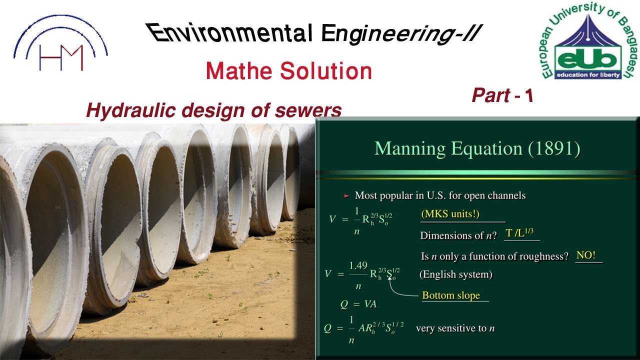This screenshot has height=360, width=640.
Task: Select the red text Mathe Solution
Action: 288,71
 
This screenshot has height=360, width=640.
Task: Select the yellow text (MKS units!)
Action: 450,214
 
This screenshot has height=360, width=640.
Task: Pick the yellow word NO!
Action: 586,255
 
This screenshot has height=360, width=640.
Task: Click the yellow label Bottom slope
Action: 451,295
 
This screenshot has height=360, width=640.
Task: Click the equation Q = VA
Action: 357,304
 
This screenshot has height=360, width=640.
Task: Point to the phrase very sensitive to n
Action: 455,328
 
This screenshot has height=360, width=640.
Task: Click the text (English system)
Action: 455,274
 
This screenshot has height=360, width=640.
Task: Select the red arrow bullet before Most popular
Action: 345,196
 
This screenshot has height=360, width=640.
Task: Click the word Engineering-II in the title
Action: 400,34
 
